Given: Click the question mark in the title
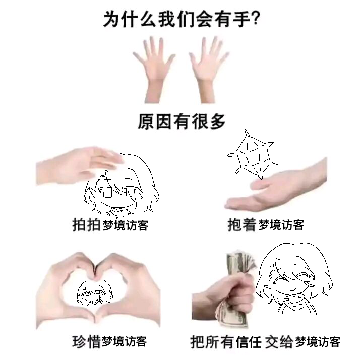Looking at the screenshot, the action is pos(255,18).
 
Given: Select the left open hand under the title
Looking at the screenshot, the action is pos(154,70).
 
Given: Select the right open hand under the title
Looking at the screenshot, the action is pos(208,70).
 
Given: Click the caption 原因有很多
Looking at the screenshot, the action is pos(181,121).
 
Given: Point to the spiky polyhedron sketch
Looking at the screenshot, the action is pos(253,154).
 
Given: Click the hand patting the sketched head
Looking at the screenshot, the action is pos(79,165).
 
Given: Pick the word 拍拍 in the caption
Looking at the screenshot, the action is pos(87,224).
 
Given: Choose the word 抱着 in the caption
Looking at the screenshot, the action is pos(242,224).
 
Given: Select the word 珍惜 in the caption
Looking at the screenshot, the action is pos(86,341).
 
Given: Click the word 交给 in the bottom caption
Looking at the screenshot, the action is pos(279,342).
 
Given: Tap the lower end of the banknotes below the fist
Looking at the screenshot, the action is pos(232,315).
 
